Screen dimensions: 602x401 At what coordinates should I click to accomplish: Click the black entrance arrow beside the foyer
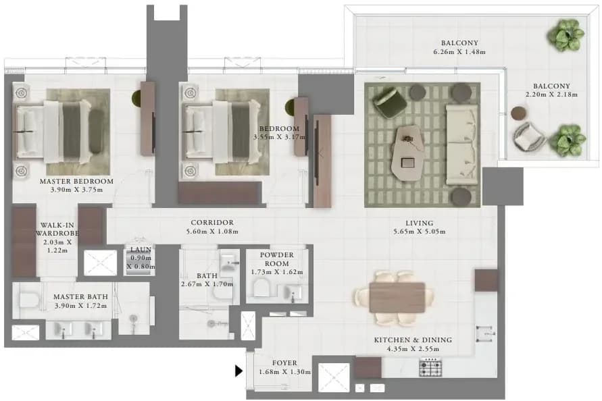239,371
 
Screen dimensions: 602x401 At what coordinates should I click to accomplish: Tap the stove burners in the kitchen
430,368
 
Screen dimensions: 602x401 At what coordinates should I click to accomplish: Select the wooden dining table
397,297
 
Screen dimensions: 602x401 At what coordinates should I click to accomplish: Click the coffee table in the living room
408,153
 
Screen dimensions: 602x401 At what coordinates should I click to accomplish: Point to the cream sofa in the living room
461,144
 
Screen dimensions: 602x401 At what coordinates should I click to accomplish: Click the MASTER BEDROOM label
76,181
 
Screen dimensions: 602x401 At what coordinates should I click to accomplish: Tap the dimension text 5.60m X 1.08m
212,232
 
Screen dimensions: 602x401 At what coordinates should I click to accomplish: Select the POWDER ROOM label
277,259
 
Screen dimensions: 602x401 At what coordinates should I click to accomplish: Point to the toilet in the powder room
261,287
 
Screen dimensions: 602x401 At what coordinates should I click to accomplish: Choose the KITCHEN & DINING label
413,340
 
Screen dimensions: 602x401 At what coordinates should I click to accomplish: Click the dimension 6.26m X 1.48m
459,52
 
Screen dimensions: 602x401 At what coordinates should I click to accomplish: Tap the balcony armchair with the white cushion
528,136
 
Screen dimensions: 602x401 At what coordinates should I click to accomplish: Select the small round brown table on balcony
519,113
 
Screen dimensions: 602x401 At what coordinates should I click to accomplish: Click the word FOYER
284,363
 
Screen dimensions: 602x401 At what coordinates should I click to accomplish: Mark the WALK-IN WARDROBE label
57,229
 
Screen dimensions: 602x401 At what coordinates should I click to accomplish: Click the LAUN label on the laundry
141,249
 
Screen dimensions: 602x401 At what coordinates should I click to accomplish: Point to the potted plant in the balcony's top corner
564,35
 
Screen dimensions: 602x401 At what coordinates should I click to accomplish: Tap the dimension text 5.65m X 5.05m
420,232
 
